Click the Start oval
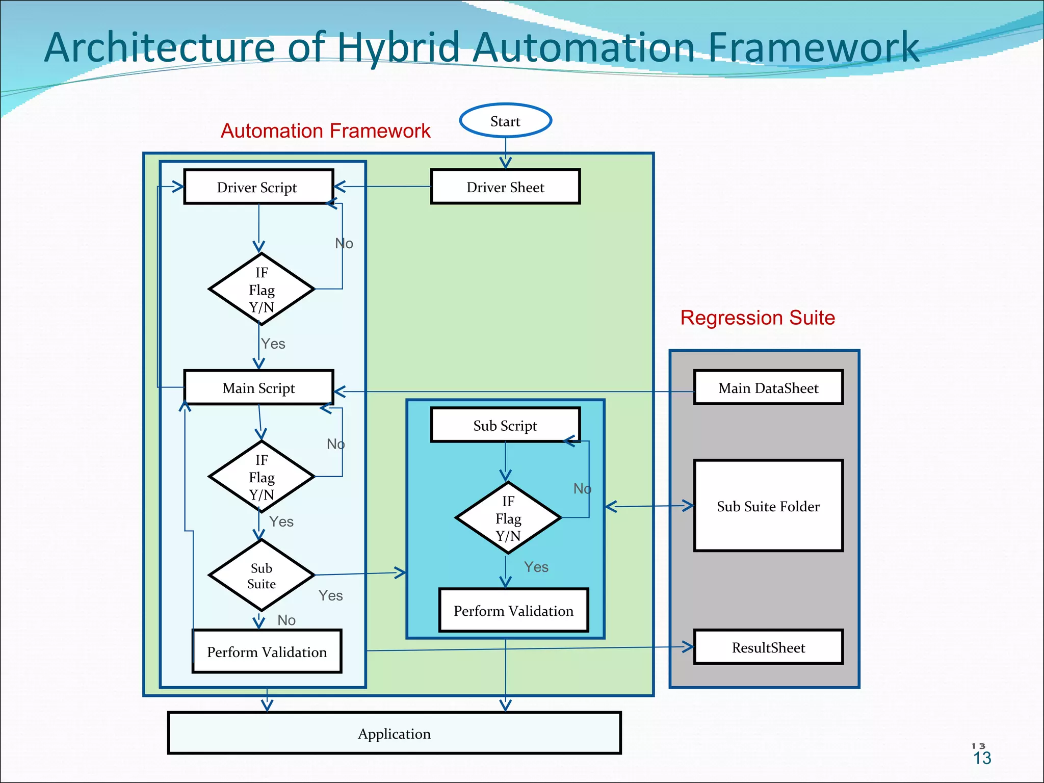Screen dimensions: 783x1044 click(505, 121)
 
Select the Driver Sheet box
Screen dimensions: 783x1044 click(505, 187)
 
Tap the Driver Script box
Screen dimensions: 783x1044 click(258, 187)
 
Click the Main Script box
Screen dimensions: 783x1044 click(258, 388)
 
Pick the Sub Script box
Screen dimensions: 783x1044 click(505, 425)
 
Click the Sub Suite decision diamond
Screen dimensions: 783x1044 click(262, 576)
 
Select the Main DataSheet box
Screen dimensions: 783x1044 click(768, 388)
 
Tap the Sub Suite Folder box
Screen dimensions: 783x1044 click(768, 506)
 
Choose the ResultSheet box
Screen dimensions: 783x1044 click(768, 647)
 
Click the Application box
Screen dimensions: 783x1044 click(394, 734)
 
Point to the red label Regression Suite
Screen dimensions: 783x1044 click(758, 318)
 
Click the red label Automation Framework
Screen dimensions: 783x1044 click(325, 131)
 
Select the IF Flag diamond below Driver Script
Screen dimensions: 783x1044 click(262, 290)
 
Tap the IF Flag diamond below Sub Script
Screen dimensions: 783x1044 click(508, 518)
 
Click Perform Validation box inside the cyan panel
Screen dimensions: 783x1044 click(513, 611)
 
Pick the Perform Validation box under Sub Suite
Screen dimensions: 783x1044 click(267, 652)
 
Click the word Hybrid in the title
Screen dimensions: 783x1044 click(399, 47)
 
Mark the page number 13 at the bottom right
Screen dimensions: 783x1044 click(982, 758)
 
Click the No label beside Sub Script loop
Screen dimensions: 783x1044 click(582, 489)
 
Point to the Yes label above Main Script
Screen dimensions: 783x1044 click(273, 344)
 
